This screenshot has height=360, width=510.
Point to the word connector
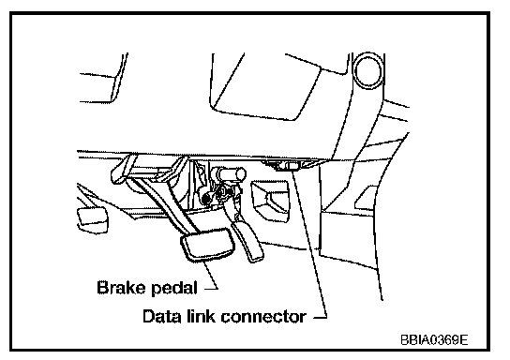[263, 317]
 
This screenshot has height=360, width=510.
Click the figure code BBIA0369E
[434, 340]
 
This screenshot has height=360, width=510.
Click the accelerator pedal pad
[247, 242]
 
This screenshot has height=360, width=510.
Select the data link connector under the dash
[289, 165]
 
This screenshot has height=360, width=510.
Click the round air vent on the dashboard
[367, 70]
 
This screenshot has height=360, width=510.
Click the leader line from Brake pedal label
[211, 274]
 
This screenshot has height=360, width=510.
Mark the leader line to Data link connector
[309, 243]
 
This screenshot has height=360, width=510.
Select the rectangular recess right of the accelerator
[270, 201]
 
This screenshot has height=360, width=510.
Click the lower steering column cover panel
[265, 87]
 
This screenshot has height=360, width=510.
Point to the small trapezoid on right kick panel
[366, 198]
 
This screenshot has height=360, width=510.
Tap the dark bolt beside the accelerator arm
[205, 198]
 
